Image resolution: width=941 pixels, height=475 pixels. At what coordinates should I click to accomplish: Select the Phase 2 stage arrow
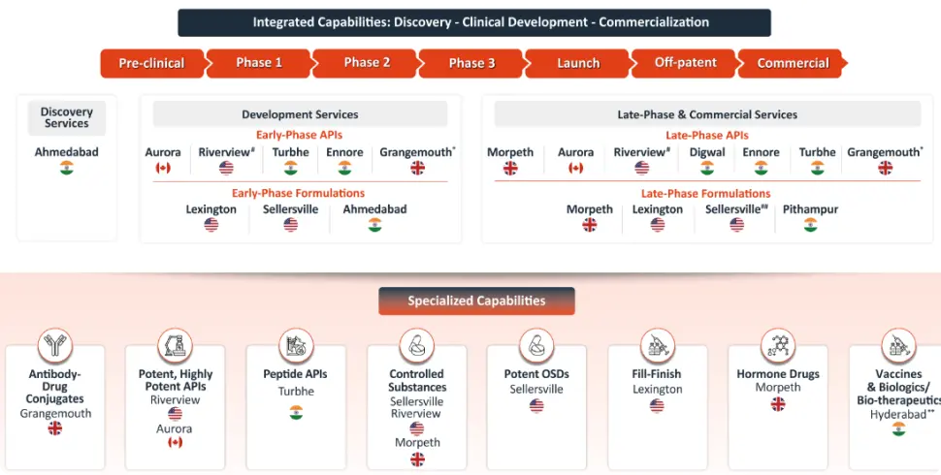(367, 63)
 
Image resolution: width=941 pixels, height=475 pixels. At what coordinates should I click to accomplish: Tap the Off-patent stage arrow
(686, 63)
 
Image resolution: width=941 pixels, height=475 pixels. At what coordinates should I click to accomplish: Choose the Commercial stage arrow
(793, 63)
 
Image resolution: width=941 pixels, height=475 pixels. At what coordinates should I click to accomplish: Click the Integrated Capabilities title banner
(474, 22)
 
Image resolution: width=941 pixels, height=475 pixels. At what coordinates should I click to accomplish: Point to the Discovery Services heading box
(67, 118)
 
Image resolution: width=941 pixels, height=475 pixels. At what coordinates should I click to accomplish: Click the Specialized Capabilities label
(476, 301)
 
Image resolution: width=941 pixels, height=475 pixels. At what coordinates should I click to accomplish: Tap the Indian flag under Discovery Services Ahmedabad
(67, 169)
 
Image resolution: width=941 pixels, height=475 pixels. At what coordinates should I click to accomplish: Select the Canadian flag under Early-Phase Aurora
(163, 169)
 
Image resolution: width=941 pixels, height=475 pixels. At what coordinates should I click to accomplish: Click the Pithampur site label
(810, 209)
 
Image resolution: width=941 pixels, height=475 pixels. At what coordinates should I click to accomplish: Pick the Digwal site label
(707, 152)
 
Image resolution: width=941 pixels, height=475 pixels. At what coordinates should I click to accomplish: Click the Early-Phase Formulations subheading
(298, 193)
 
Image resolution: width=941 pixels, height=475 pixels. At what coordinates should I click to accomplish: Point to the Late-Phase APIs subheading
(707, 136)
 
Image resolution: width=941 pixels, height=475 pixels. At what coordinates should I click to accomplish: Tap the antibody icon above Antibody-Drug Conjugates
(55, 346)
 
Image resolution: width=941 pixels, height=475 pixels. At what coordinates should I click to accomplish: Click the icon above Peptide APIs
(296, 346)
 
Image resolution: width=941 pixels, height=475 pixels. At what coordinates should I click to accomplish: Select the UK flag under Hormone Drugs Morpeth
(778, 404)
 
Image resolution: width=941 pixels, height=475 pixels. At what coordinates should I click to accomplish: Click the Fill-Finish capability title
(657, 374)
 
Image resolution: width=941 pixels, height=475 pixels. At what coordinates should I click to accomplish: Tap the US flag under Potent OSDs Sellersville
(536, 406)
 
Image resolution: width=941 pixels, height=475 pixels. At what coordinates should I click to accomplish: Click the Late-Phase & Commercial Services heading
(707, 114)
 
